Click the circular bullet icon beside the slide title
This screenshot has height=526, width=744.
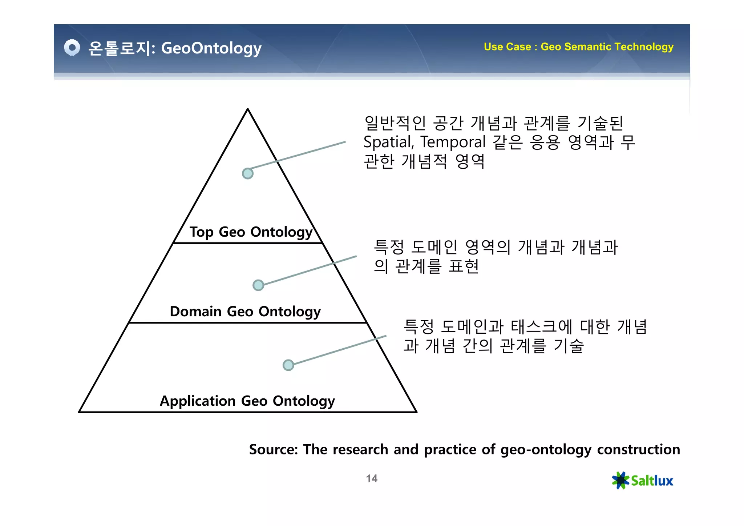[x=72, y=48]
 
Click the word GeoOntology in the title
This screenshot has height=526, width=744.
[x=211, y=48]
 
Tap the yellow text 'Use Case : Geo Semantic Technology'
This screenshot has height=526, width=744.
[x=578, y=47]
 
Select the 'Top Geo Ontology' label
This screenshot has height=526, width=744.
[x=251, y=232]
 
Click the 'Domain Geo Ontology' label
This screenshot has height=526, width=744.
[x=245, y=312]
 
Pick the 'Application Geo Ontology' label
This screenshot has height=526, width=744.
[x=247, y=401]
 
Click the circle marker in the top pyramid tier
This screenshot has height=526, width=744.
[x=247, y=173]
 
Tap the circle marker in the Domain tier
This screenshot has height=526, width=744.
[x=258, y=285]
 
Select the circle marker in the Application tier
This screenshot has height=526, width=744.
[x=288, y=365]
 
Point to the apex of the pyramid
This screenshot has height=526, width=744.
[x=248, y=109]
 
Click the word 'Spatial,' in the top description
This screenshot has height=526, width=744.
[x=388, y=142]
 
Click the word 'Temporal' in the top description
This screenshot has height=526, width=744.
[x=453, y=142]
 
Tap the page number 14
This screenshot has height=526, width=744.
[x=372, y=478]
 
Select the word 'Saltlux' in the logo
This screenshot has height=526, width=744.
[x=652, y=481]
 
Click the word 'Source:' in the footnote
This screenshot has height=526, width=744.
[x=273, y=450]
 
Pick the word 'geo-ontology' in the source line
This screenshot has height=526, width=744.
[x=546, y=450]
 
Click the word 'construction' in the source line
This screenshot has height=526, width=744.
[x=638, y=450]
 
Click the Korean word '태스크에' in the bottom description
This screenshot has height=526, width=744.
[x=541, y=326]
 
